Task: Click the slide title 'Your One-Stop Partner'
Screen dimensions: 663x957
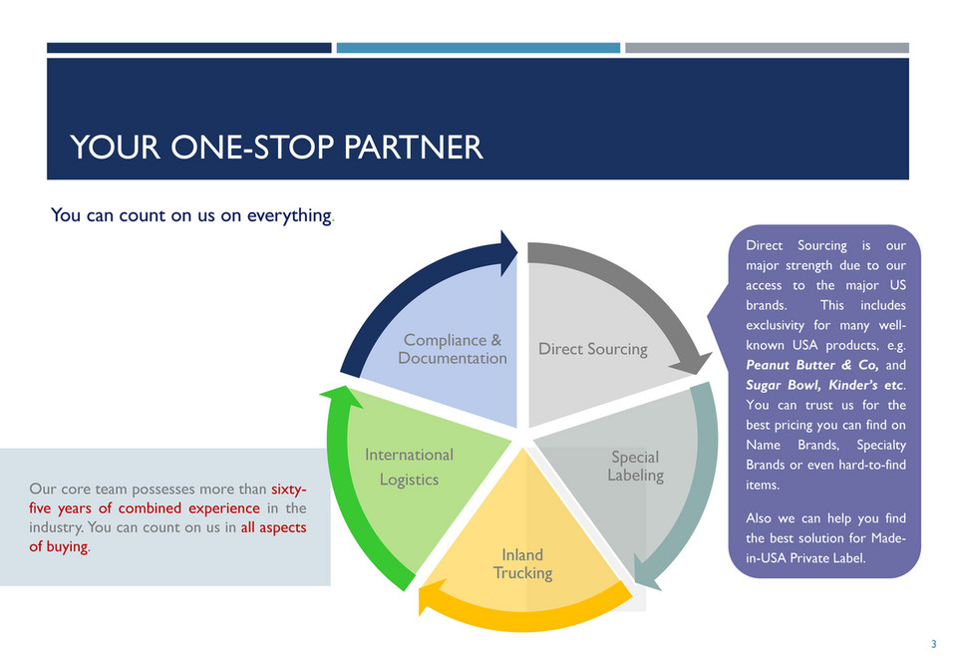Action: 276,147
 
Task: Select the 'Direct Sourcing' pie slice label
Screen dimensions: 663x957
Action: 593,349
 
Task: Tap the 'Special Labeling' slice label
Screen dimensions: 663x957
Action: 635,466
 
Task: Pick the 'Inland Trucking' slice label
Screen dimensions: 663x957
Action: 522,563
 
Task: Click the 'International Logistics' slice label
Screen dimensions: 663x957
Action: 409,467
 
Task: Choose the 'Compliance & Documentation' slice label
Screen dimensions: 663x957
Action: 453,349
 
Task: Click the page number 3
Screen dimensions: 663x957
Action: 933,644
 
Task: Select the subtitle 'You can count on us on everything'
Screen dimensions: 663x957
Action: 191,215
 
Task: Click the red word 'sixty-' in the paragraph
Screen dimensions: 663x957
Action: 288,490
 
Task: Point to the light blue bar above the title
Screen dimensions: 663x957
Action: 478,48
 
